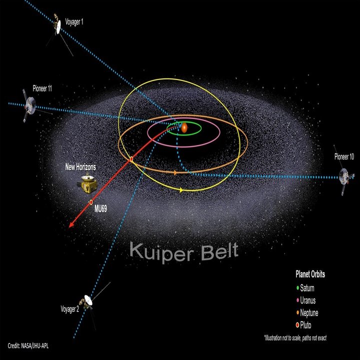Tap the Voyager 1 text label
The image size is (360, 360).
coord(74,22)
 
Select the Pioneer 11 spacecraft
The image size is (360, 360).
coord(30,106)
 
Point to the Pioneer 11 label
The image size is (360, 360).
coord(42,88)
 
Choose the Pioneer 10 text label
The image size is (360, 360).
coord(344,156)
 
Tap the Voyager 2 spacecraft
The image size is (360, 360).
coord(88,301)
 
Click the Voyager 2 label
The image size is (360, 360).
coord(70,309)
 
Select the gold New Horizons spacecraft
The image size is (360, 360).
coord(87,184)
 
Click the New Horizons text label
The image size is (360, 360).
coord(80,167)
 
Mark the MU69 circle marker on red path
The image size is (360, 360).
coord(91,202)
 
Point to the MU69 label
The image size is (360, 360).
coord(100,208)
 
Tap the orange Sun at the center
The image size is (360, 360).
coord(184,128)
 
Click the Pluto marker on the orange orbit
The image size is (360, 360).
coord(131,159)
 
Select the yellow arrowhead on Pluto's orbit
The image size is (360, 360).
coord(181,190)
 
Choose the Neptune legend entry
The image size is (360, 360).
coord(307,312)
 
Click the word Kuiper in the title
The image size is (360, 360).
coord(162,253)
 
